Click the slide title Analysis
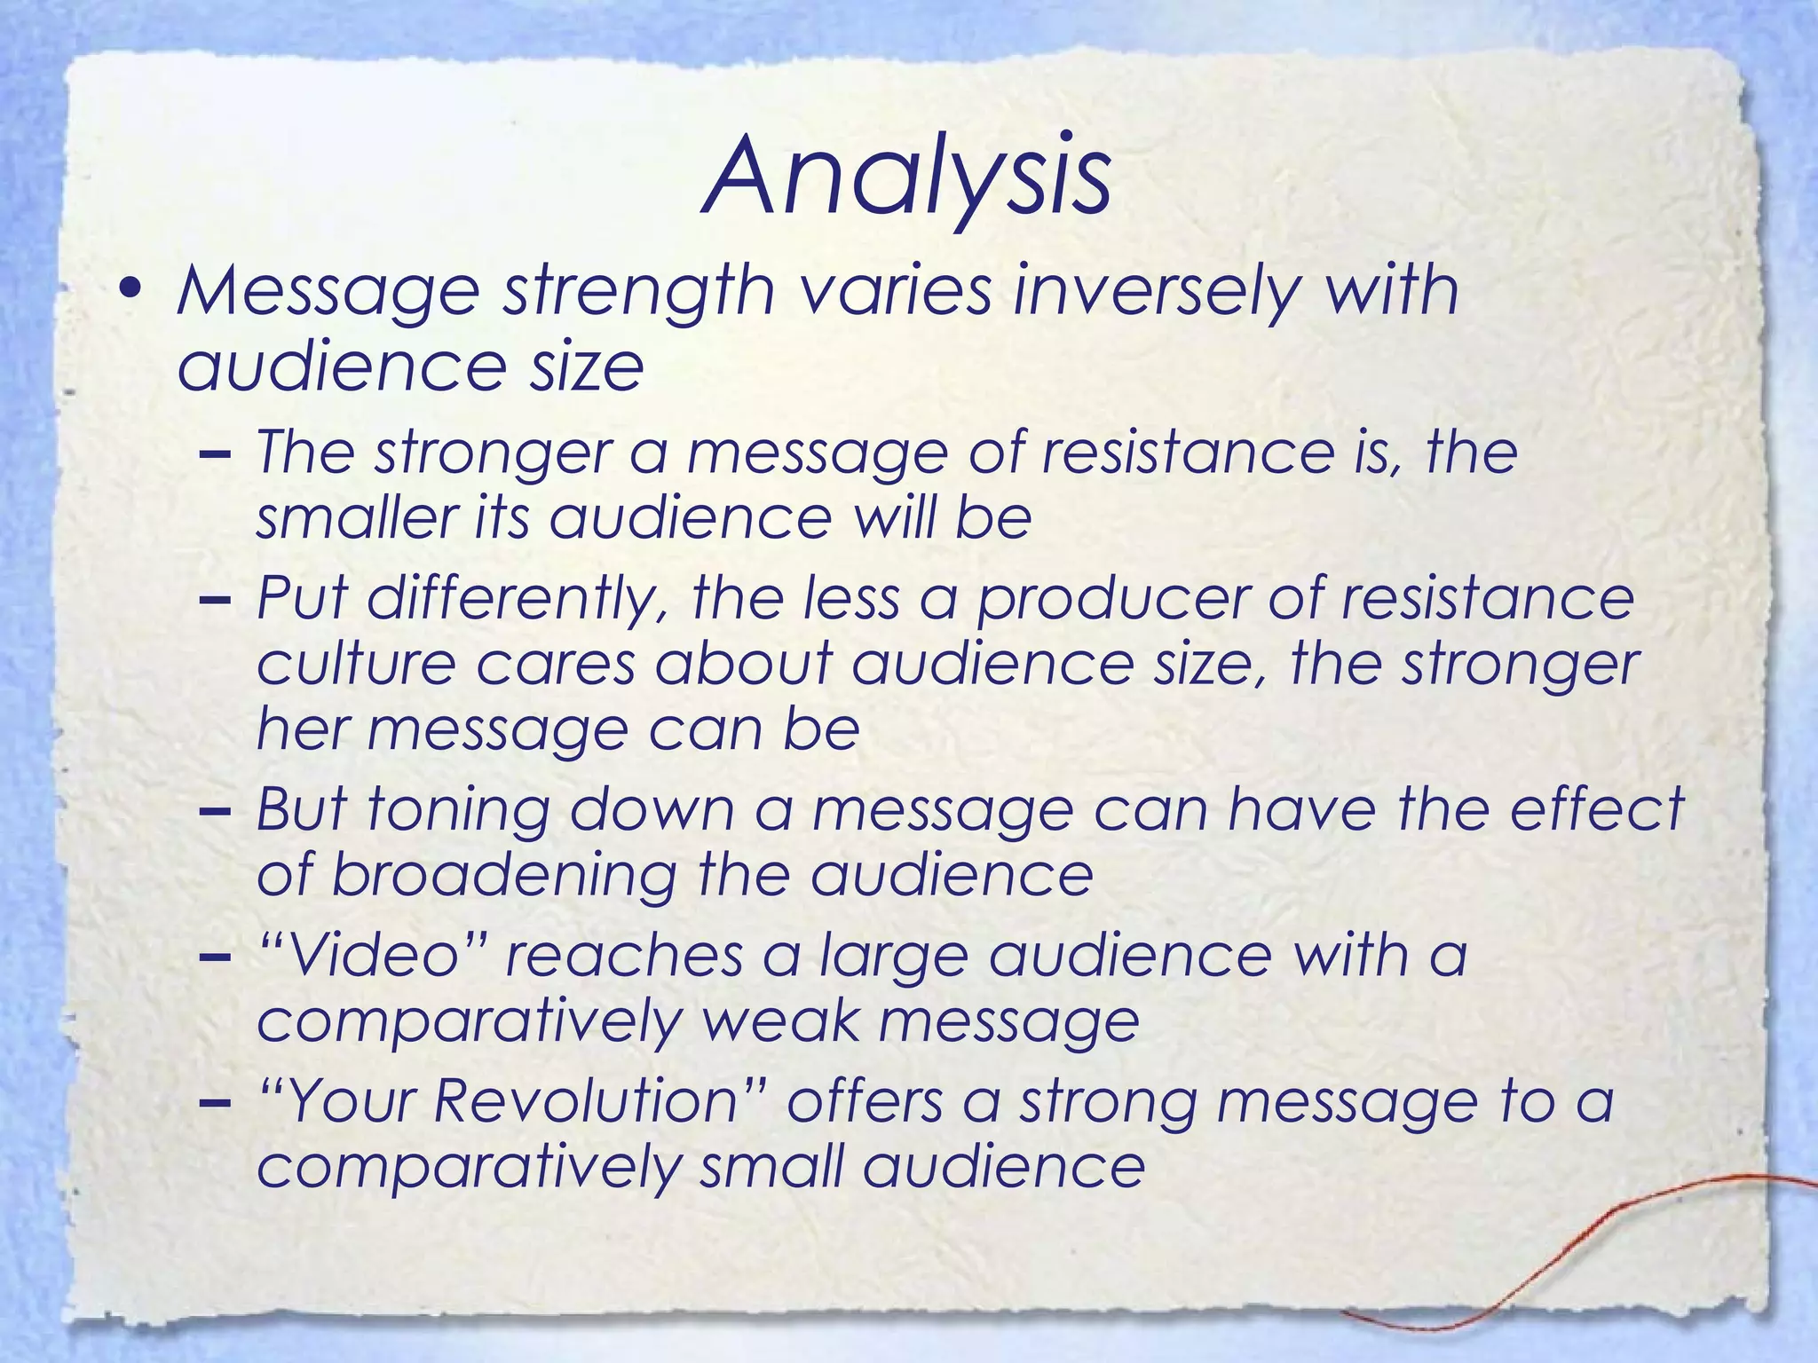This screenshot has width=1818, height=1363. (906, 177)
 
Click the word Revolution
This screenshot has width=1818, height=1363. (586, 1101)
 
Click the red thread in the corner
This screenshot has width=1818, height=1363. (1598, 1242)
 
